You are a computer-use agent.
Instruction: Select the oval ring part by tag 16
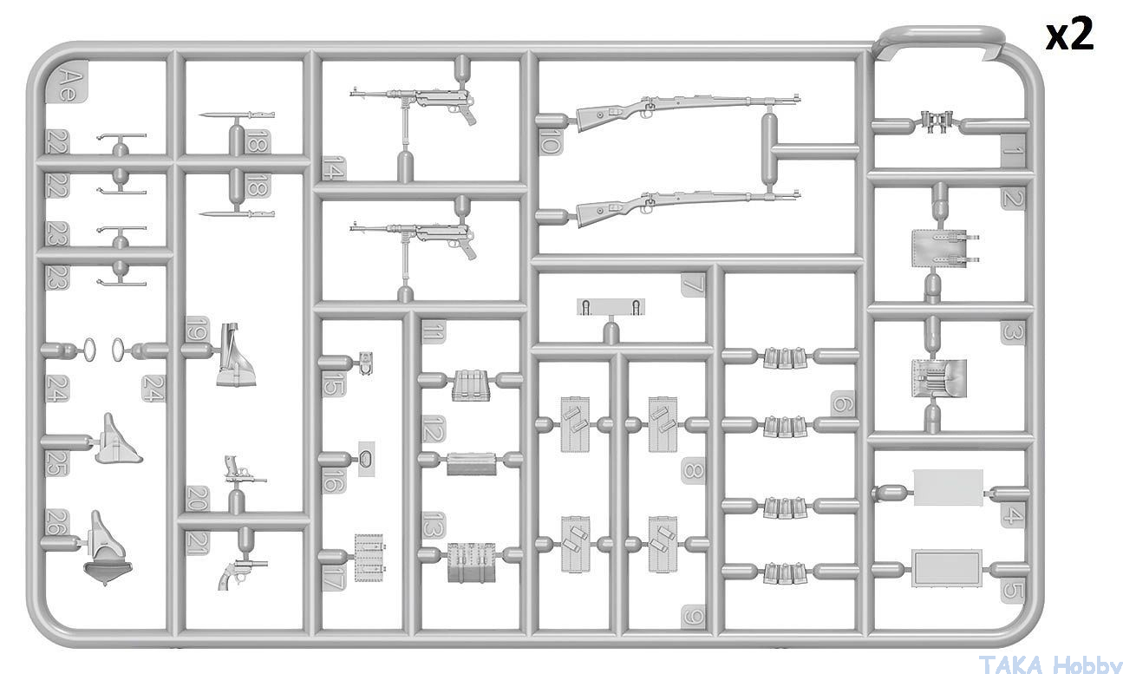[x=367, y=456]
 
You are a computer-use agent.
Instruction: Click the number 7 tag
[x=693, y=284]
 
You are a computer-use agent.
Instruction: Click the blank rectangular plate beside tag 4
[x=948, y=488]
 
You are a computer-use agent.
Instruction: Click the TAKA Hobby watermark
[x=1051, y=664]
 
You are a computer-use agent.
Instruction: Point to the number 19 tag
[x=197, y=330]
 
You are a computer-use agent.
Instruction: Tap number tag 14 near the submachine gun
[x=332, y=167]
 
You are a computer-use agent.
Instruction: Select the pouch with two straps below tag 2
[x=940, y=250]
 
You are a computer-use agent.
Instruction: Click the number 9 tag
[x=694, y=617]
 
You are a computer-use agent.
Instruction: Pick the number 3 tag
[x=1012, y=332]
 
